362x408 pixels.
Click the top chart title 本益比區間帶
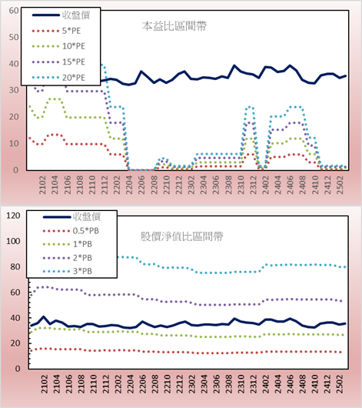[x=174, y=26]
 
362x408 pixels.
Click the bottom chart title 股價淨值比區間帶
[x=181, y=236]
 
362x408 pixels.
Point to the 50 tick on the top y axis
[x=14, y=37]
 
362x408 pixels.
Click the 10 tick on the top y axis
[x=14, y=143]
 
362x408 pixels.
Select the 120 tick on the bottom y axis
[x=13, y=216]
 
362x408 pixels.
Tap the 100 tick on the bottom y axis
[x=13, y=241]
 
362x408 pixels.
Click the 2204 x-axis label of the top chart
[x=129, y=185]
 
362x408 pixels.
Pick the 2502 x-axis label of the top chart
[x=340, y=185]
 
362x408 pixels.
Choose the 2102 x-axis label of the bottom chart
[x=45, y=384]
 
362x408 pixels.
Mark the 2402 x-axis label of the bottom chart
[x=266, y=384]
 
